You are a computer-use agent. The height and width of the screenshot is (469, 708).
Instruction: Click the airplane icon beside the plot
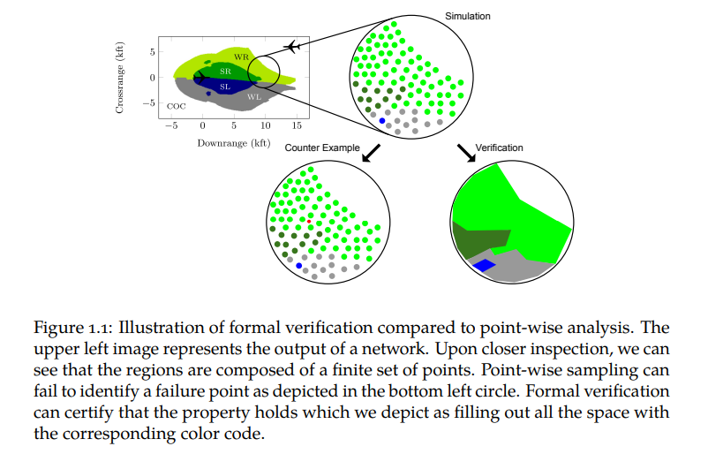pyautogui.click(x=294, y=46)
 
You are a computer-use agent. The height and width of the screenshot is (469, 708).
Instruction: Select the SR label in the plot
pyautogui.click(x=225, y=70)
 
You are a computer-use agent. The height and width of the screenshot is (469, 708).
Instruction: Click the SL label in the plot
pyautogui.click(x=224, y=87)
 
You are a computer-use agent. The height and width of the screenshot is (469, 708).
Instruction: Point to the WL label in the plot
pyautogui.click(x=253, y=96)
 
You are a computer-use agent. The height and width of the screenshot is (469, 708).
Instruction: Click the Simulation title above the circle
pyautogui.click(x=467, y=16)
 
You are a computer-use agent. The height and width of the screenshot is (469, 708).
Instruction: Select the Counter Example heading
pyautogui.click(x=321, y=148)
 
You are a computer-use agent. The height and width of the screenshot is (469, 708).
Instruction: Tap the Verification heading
pyautogui.click(x=500, y=148)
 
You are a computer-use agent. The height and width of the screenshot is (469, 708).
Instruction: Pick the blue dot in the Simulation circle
pyautogui.click(x=382, y=120)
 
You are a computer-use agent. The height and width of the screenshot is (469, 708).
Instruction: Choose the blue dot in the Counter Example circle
pyautogui.click(x=299, y=265)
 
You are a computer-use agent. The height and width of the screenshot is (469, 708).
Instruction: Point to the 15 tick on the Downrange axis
pyautogui.click(x=298, y=125)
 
